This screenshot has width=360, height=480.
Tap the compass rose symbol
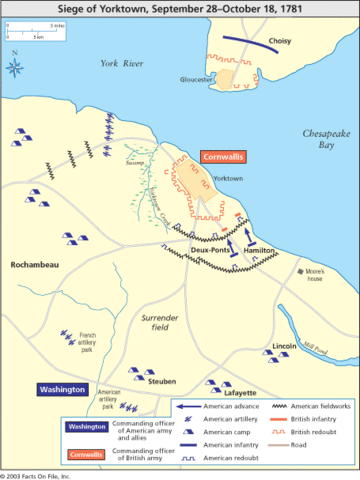tap(17, 68)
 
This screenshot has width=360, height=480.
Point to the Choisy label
tap(281, 42)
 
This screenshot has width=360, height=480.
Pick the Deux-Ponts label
tap(211, 251)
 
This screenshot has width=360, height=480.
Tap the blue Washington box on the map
tap(62, 389)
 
